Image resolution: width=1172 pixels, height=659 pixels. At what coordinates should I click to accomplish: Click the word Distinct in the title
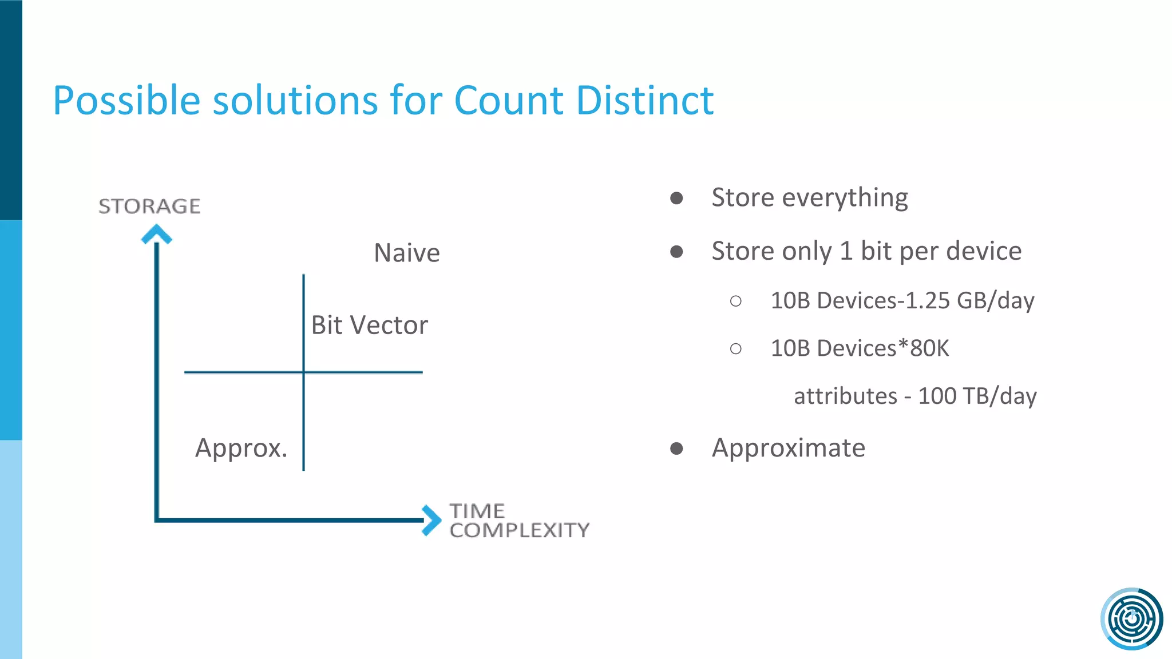[645, 101]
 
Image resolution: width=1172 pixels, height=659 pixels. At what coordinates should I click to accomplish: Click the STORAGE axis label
[149, 206]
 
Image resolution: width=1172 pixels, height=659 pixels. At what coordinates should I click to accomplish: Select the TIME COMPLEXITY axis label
[518, 521]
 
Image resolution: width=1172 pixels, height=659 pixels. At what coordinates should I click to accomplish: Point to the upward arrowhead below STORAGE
[156, 234]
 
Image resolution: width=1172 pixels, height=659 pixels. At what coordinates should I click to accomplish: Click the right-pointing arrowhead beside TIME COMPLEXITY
[431, 520]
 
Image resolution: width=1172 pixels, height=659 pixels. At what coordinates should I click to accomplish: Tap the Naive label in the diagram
[407, 253]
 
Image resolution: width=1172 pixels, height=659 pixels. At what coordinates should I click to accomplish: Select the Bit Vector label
[369, 325]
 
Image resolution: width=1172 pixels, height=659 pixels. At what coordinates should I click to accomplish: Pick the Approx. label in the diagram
[241, 448]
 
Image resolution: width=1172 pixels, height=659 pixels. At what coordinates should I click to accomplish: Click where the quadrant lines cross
[303, 372]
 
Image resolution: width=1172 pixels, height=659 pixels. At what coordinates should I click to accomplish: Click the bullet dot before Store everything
[676, 198]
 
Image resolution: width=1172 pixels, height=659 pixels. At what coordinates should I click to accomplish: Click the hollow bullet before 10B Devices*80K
[736, 348]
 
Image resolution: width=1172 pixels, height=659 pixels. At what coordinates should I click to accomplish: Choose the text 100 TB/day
[977, 396]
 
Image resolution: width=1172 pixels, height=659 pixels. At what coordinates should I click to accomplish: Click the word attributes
[845, 396]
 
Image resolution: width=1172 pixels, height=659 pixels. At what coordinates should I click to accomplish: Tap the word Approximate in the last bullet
[788, 448]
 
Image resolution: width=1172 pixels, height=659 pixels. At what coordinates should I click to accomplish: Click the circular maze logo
[1131, 618]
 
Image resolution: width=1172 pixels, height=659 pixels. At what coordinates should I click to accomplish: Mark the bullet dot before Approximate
[676, 448]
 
